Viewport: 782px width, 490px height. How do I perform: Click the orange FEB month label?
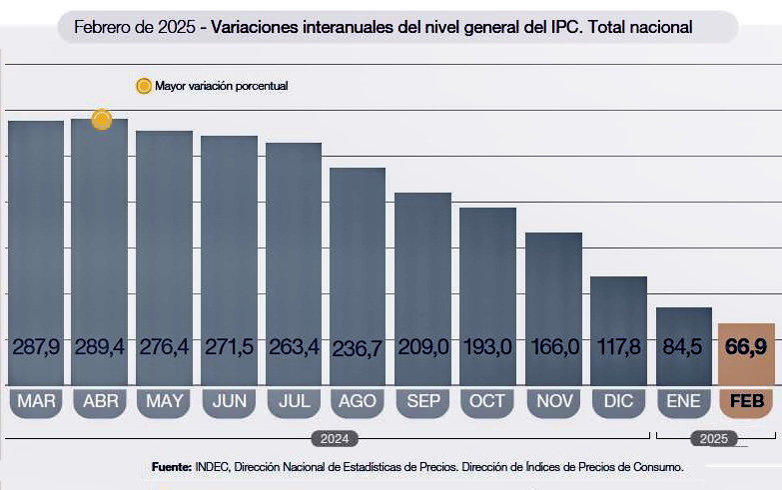point(746,402)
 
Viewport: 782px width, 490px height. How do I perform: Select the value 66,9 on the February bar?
point(746,347)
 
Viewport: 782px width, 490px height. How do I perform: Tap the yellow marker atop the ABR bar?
point(101,120)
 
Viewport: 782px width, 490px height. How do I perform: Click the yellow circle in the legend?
point(143,86)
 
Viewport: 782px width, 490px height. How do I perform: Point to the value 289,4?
point(100,347)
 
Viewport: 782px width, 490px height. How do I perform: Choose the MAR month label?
point(36,402)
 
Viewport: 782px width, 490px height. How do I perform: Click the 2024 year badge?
point(334,438)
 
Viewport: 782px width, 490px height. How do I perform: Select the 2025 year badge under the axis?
point(713,438)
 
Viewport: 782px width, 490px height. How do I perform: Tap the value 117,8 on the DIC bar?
point(617,347)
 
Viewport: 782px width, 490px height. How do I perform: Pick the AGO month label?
point(358,402)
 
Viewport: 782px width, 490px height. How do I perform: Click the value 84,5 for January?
point(683,347)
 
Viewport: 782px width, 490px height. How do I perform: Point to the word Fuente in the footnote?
point(172,467)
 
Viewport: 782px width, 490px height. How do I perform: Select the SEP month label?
point(422,402)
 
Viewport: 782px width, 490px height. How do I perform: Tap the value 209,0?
point(422,347)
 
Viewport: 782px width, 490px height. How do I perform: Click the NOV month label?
point(552,402)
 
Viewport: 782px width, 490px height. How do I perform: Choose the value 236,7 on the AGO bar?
point(358,347)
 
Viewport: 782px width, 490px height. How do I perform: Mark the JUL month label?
point(294,402)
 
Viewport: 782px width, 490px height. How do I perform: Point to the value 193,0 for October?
point(487,347)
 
